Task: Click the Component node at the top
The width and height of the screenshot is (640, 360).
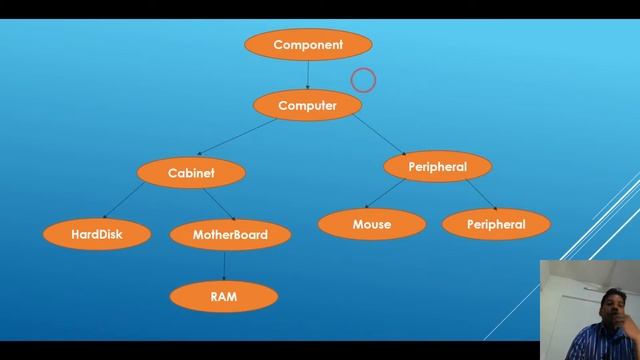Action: [x=308, y=45]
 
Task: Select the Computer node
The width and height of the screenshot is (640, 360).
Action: [x=307, y=105]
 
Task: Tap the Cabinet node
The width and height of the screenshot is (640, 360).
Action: [x=191, y=173]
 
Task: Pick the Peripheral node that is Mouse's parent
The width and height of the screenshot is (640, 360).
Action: [x=437, y=166]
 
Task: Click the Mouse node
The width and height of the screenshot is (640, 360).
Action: [x=371, y=224]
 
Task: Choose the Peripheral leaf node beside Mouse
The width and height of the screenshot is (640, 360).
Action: [x=496, y=224]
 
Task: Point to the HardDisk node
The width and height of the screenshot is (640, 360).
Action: [x=97, y=235]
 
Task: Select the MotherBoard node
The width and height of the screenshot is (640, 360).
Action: [x=231, y=235]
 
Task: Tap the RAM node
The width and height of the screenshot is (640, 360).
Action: [x=223, y=296]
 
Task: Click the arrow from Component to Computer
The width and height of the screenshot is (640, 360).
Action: [x=308, y=75]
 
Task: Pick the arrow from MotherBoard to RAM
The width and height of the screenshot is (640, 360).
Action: [x=224, y=265]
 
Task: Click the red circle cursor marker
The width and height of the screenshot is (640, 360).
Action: [x=363, y=79]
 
